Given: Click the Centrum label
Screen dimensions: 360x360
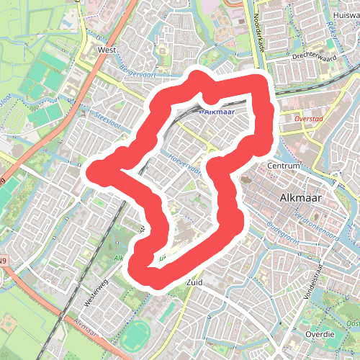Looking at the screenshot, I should coord(283,166).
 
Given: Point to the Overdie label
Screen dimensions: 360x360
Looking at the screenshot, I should coord(319,335).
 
